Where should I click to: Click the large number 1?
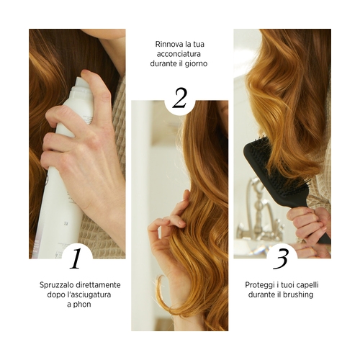[x=76, y=258]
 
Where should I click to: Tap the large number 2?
[x=179, y=98]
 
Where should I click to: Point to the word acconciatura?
[x=179, y=54]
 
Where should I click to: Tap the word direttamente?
[x=98, y=285]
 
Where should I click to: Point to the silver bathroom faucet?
[x=258, y=211]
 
